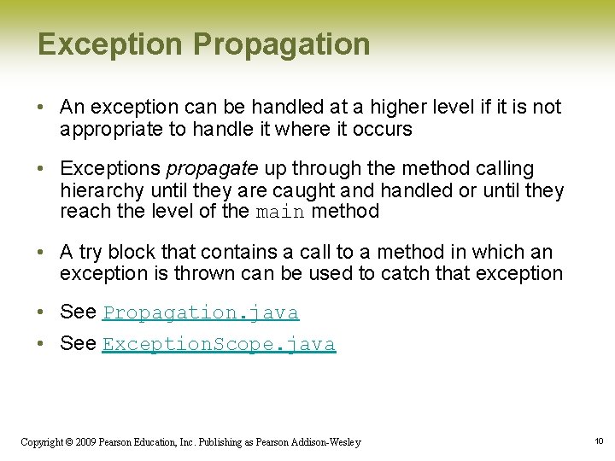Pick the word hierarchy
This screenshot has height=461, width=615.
(x=99, y=190)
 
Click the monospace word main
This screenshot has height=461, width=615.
(x=280, y=213)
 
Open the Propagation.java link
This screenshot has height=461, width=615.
(x=201, y=313)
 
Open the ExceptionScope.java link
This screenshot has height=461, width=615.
(x=219, y=345)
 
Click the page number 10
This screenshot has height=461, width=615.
(x=599, y=441)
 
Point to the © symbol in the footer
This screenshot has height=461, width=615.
(x=71, y=442)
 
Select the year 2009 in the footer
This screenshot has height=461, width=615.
(x=86, y=442)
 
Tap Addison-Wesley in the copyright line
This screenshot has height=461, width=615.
(x=329, y=442)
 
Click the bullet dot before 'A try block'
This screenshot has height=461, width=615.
(x=42, y=253)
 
